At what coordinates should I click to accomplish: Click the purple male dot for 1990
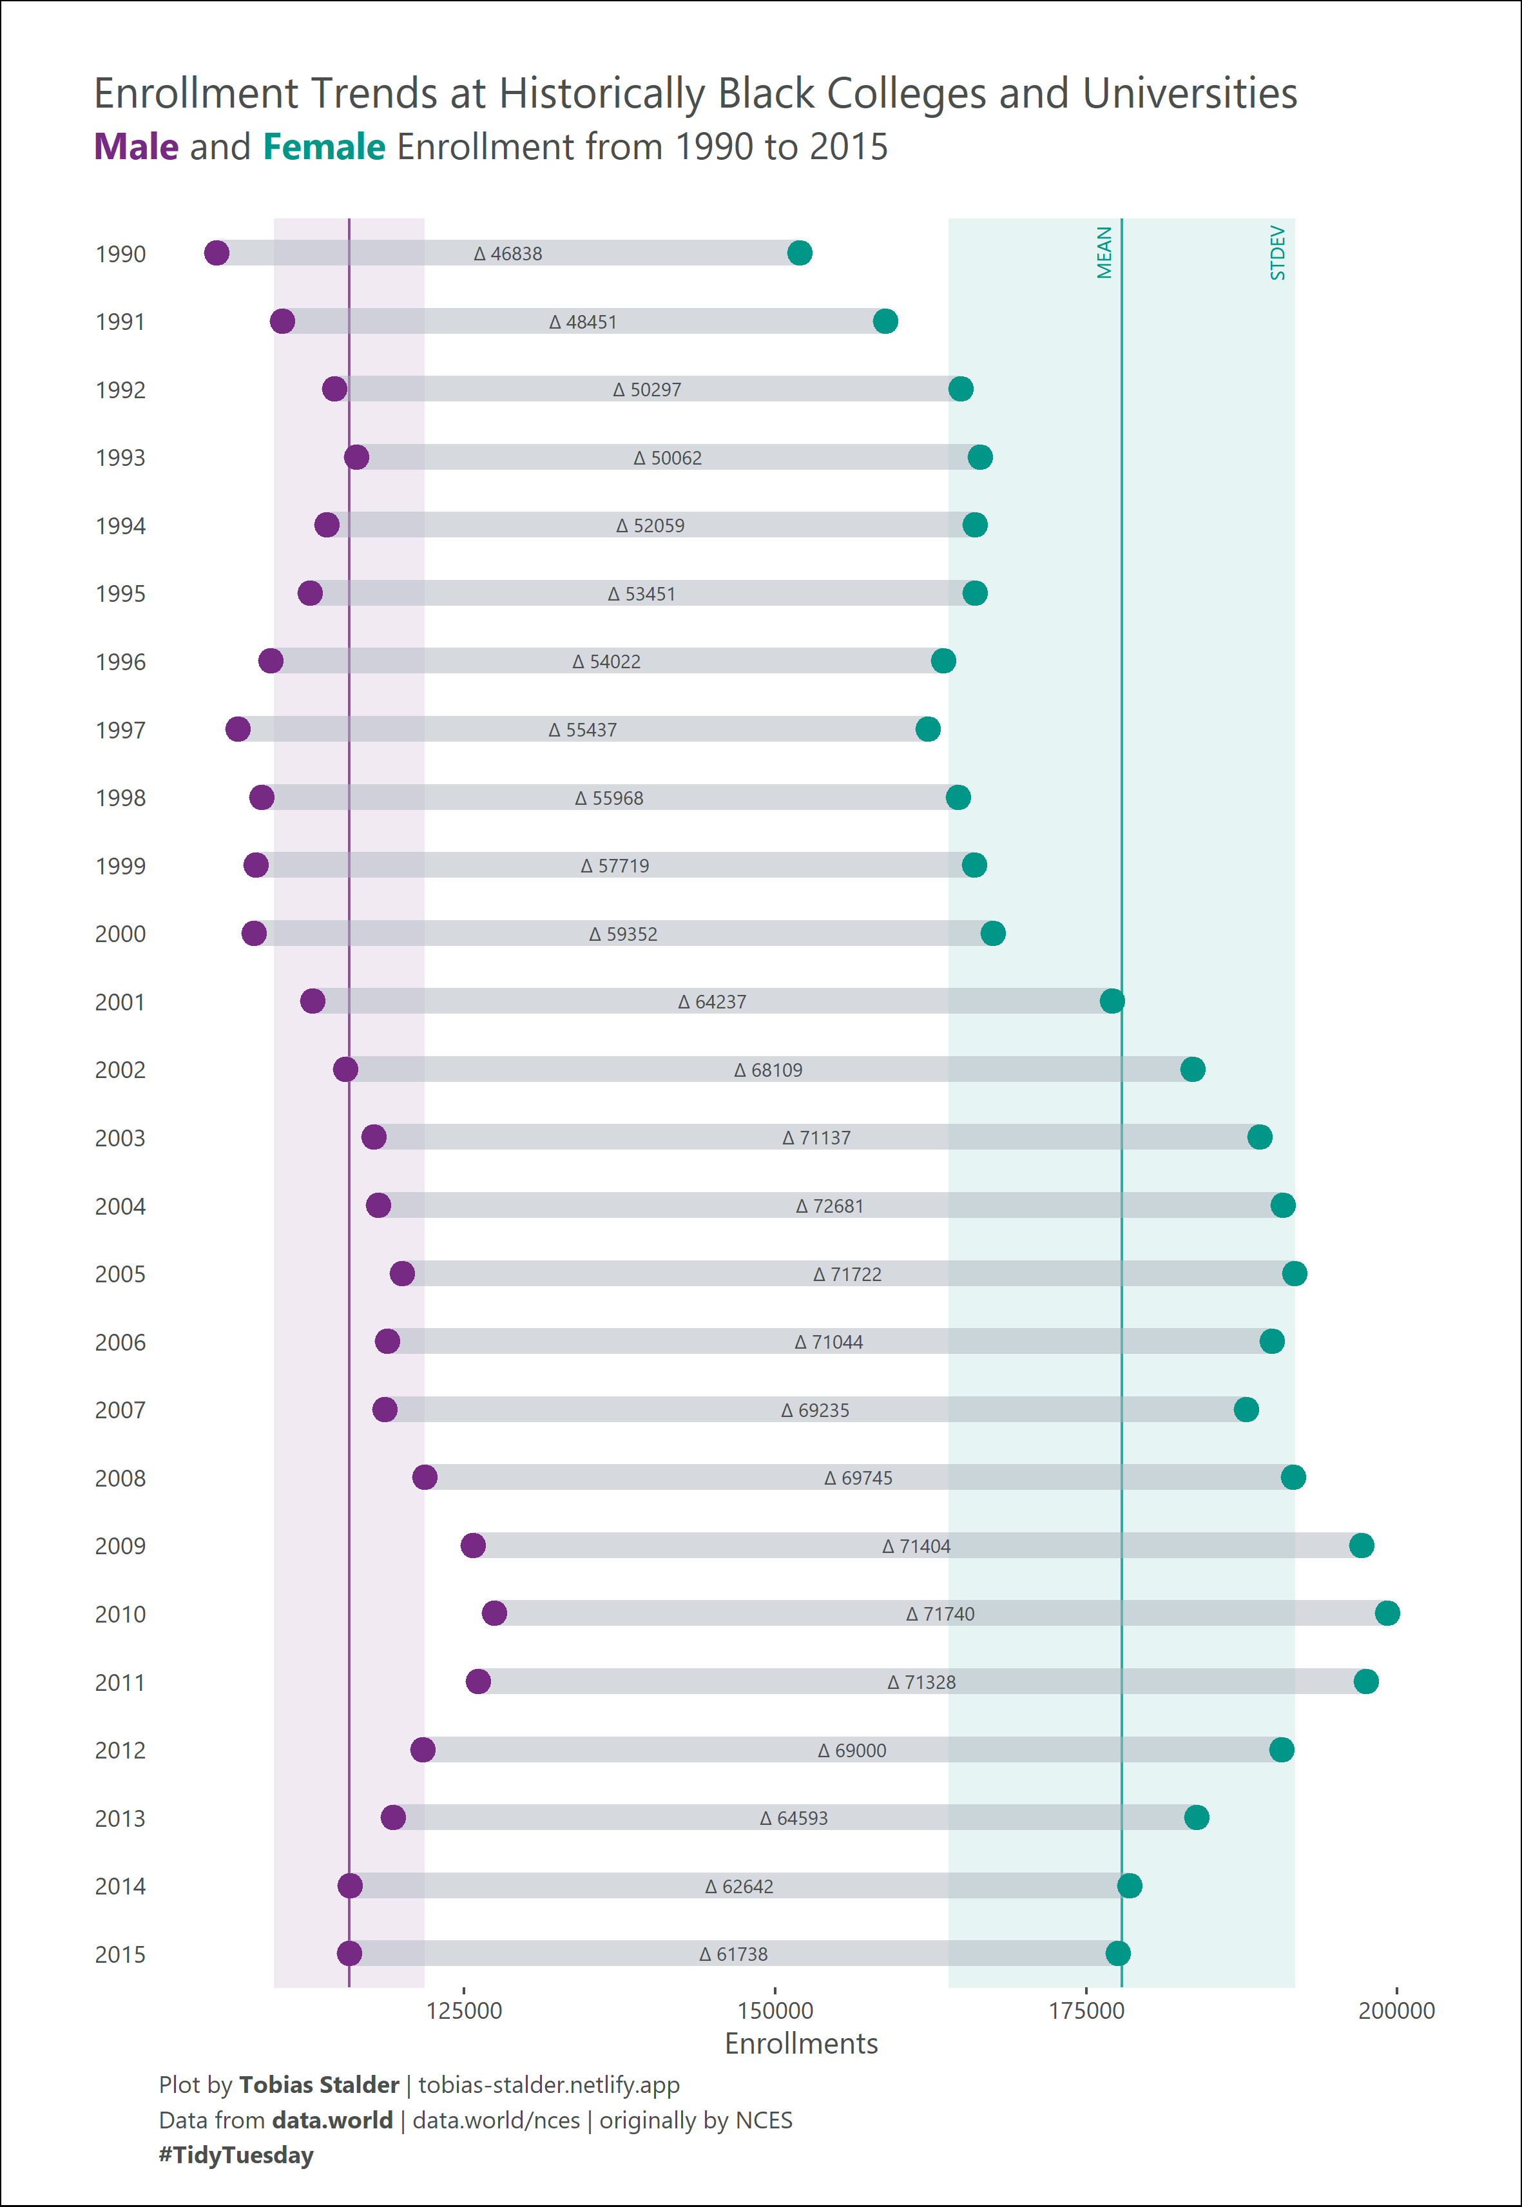(217, 253)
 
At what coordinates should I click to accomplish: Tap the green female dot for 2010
(1387, 1613)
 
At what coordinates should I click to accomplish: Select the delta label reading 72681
(830, 1206)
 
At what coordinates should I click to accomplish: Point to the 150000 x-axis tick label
(775, 2010)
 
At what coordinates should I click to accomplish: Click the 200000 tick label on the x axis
(1396, 2010)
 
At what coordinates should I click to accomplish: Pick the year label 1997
(120, 731)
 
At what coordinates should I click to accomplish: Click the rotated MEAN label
(1104, 253)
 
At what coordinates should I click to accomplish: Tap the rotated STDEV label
(1278, 253)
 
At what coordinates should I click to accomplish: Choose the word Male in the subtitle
(135, 147)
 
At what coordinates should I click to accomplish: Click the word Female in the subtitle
(324, 147)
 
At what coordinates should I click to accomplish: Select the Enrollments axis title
(801, 2044)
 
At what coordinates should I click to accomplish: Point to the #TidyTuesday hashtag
(236, 2155)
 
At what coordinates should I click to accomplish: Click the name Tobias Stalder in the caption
(318, 2085)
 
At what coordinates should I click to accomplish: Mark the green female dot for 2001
(1111, 1001)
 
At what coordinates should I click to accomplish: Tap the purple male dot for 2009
(473, 1545)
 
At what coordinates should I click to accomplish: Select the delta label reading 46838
(508, 254)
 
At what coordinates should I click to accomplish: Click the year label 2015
(120, 1954)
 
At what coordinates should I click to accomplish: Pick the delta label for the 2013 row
(793, 1818)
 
